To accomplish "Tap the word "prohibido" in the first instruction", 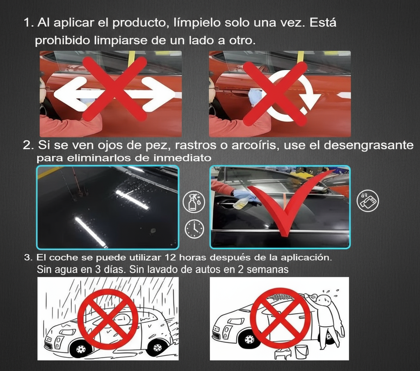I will (58, 41).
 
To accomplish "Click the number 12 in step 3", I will (171, 258).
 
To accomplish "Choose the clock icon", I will (194, 229).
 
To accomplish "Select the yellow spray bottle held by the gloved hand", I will (241, 203).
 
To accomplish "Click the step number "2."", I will (28, 145).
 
